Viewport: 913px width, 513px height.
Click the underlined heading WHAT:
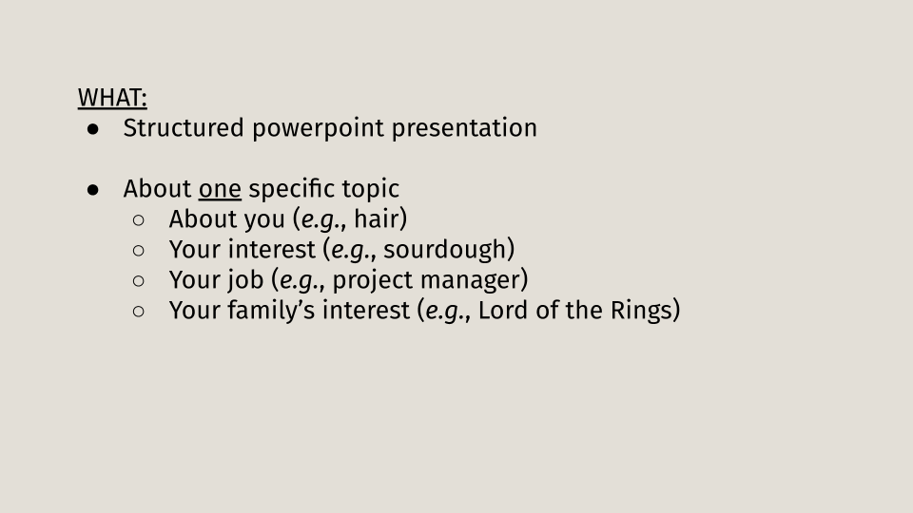tap(112, 98)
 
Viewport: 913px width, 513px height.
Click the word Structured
tap(184, 128)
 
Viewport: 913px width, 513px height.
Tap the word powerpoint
tap(318, 129)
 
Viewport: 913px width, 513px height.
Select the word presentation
tap(464, 129)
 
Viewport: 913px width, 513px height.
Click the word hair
tap(377, 219)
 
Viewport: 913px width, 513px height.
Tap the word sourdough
tap(445, 250)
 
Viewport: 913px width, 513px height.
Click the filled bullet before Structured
tap(92, 130)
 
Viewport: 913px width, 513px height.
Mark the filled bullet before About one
tap(92, 190)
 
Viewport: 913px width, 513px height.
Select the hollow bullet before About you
tap(139, 220)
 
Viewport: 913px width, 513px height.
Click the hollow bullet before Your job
tap(139, 281)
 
